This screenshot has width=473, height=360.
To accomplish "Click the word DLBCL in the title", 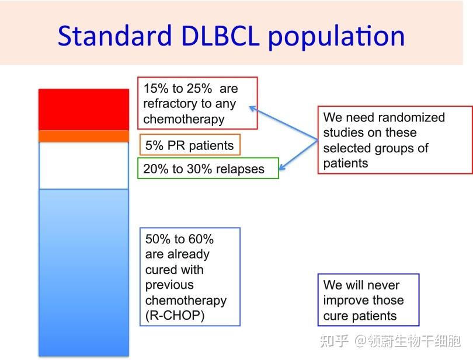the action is click(220, 36).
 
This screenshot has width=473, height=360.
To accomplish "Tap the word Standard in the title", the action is click(115, 36).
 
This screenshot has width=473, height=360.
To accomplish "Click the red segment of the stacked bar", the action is click(84, 110).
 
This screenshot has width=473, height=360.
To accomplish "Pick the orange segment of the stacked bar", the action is click(84, 137).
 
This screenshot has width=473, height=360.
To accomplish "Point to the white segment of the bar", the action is click(84, 166).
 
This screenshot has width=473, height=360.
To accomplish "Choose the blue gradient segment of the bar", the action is click(84, 272).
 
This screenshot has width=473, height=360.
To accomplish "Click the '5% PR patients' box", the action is click(190, 145).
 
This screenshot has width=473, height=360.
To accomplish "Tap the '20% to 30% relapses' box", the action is click(208, 168).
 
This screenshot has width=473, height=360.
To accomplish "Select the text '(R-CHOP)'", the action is click(175, 316).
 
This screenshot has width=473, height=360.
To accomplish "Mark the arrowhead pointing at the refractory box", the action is click(252, 109).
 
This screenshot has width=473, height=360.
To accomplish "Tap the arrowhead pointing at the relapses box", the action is click(281, 167).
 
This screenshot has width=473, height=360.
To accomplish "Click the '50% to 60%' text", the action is click(179, 239).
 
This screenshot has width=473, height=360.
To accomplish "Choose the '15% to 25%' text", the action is click(178, 89).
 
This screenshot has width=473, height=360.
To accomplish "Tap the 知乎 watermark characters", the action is click(334, 341).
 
